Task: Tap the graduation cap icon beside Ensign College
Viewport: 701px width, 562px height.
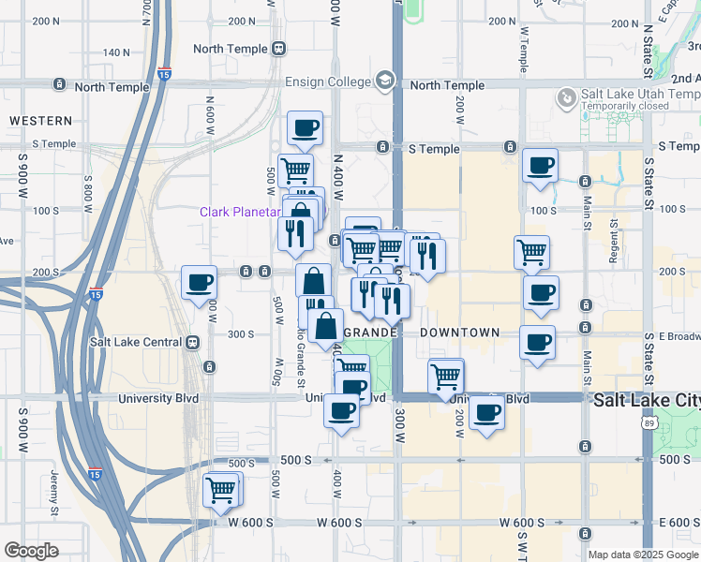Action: (x=383, y=81)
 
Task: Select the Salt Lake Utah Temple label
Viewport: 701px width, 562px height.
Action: (x=640, y=95)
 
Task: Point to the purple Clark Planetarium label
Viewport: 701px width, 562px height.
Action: (x=240, y=212)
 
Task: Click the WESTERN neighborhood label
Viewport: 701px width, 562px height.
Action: (x=40, y=121)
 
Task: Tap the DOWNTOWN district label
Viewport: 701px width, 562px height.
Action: (x=459, y=333)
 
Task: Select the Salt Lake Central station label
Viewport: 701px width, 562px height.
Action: (x=137, y=342)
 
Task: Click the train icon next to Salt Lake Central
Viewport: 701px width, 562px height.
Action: (x=193, y=342)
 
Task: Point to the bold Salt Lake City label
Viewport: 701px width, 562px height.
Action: (x=647, y=400)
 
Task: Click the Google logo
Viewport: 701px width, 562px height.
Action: (x=31, y=551)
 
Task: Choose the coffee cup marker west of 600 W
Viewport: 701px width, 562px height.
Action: (x=199, y=283)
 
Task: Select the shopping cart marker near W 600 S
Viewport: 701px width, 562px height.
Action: (x=222, y=489)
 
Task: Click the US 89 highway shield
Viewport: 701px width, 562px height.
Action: (x=649, y=424)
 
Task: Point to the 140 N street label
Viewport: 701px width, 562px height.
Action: (x=116, y=52)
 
